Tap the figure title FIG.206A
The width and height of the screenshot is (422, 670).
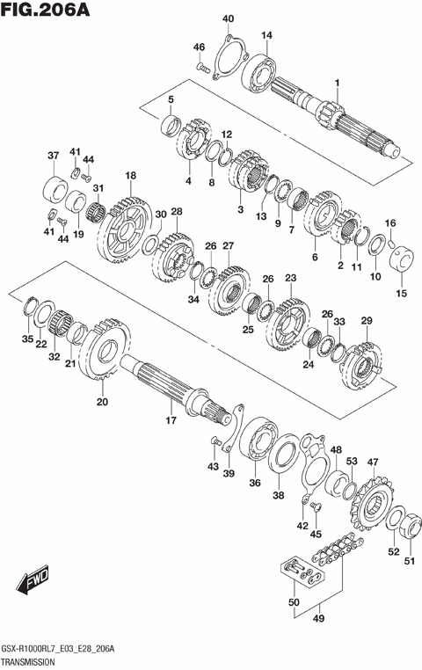(46, 10)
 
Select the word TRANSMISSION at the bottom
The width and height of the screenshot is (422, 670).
(28, 662)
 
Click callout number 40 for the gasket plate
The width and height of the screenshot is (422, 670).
(228, 18)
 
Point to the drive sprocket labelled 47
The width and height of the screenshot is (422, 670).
(371, 503)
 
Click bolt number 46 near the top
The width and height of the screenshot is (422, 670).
(203, 67)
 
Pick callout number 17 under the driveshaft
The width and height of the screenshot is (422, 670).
(171, 420)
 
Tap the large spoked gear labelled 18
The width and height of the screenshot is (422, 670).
(124, 230)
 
